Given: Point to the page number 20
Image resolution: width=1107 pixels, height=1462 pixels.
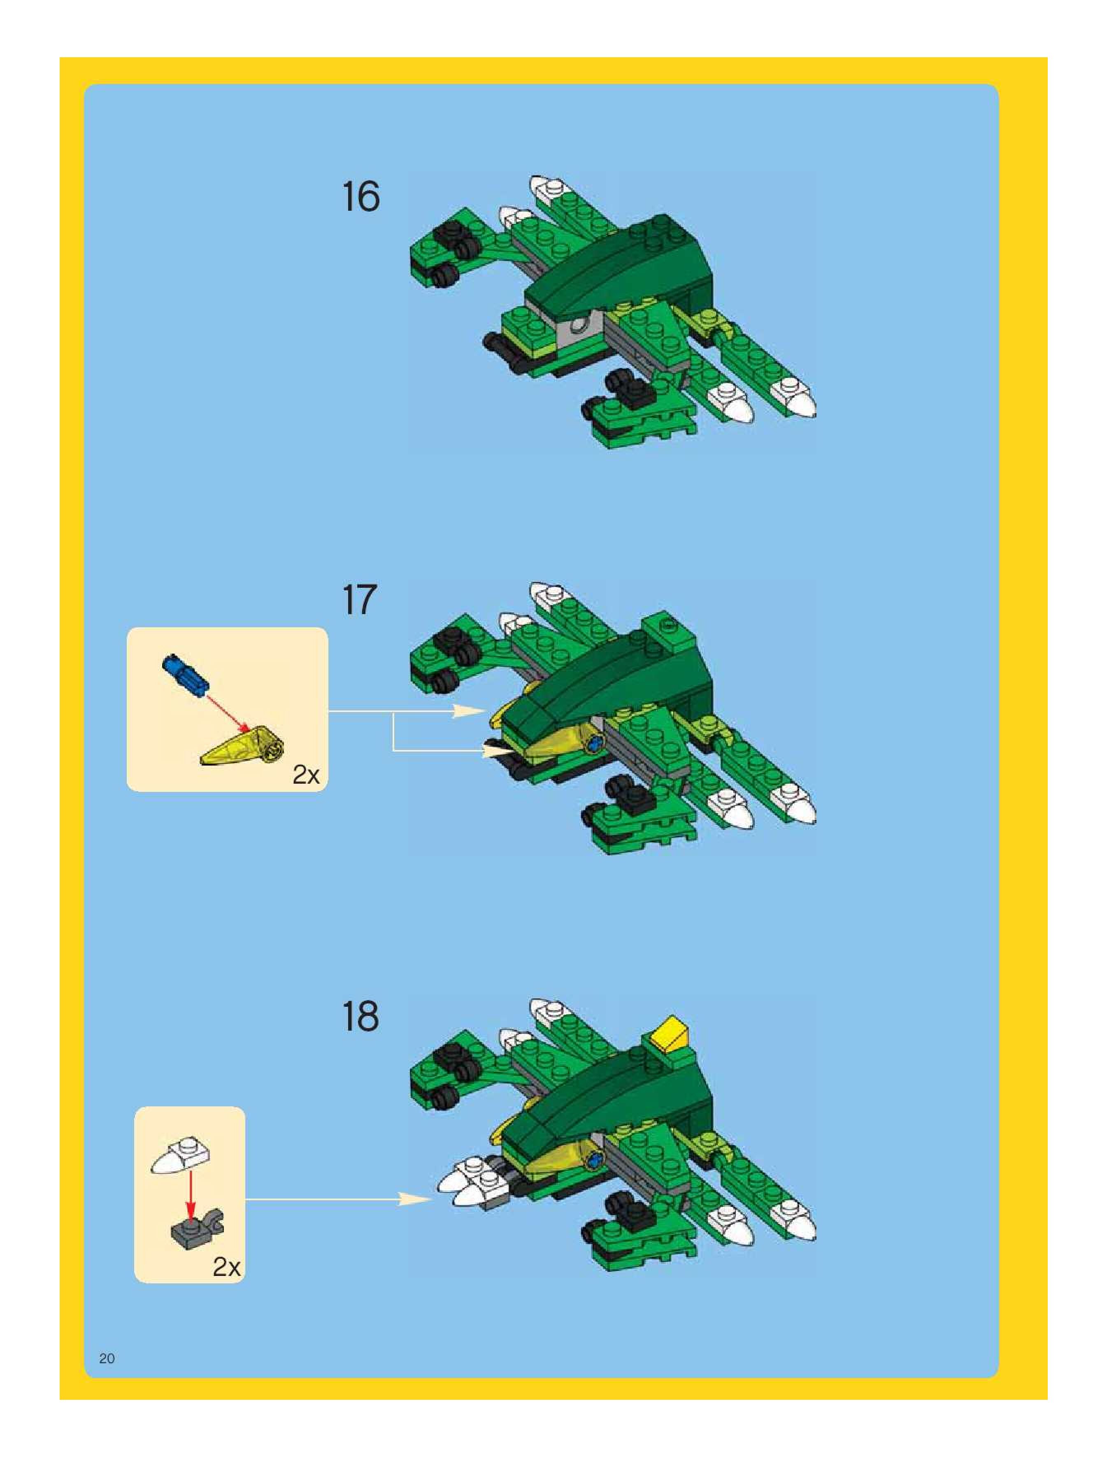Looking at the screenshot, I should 107,1358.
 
